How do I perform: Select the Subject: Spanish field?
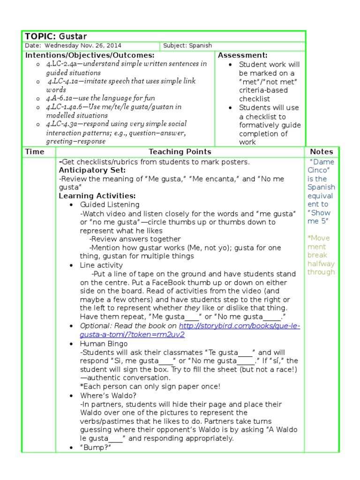coord(187,46)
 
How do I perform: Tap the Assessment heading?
coord(242,55)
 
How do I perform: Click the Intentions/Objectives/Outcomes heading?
coord(90,55)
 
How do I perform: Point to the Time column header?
coord(35,151)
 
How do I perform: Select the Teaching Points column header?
coord(180,151)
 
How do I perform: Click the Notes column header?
coord(322,151)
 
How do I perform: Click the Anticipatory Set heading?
coord(92,170)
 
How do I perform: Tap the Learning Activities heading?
coord(97,196)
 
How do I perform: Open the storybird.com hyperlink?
coord(239,326)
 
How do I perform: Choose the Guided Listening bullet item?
coord(110,205)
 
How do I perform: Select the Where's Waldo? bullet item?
coord(106,395)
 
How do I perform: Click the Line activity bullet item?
coord(101,265)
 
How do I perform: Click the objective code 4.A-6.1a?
coord(61,98)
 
